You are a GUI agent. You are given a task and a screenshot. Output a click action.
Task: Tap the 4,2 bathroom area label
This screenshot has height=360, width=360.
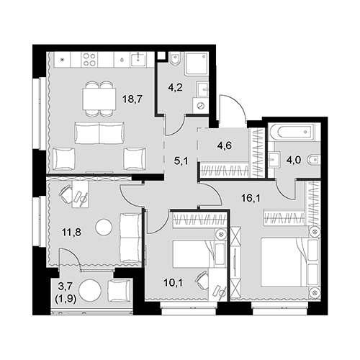pos(175,87)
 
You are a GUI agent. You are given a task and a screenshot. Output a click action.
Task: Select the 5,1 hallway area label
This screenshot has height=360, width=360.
pos(181,161)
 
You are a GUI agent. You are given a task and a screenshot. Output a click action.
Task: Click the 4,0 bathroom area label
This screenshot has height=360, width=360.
pos(293,160)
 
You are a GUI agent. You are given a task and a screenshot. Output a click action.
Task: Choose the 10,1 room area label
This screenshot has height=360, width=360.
pos(174,283)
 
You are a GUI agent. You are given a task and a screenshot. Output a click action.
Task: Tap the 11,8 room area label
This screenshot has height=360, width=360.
pos(72,233)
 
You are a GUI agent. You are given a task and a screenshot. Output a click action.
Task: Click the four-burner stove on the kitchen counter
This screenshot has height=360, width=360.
pos(90,60)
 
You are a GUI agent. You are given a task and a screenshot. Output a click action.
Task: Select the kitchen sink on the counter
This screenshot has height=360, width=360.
pos(138,60)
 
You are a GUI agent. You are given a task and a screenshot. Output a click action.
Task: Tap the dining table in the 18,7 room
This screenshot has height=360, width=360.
pos(99,99)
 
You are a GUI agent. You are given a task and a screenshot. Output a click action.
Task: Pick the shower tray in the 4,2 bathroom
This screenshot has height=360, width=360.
pos(197,63)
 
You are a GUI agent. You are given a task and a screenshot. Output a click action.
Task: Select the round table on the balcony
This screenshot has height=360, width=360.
pos(91,292)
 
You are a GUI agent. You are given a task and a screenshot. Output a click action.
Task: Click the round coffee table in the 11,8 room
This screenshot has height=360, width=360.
pos(104,227)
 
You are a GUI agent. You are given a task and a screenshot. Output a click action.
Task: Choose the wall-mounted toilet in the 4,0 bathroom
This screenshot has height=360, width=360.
pos(314,159)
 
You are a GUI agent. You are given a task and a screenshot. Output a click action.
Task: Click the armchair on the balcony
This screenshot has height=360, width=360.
pos(120,291)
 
